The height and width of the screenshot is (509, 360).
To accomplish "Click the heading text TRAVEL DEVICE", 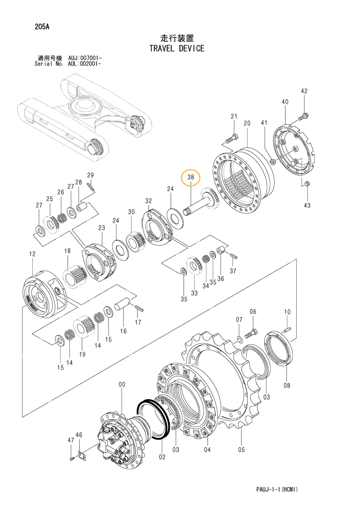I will pyautogui.click(x=177, y=49).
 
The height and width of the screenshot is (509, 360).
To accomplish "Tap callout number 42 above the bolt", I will pyautogui.click(x=304, y=91).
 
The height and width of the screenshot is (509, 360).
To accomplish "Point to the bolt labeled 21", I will pyautogui.click(x=232, y=139).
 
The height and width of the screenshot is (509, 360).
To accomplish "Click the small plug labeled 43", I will pyautogui.click(x=307, y=184).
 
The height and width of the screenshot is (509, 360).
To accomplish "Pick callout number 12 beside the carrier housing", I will pyautogui.click(x=32, y=254).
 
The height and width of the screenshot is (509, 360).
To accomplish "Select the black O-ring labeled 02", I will pyautogui.click(x=153, y=416).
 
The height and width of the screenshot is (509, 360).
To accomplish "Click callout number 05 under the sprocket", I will pyautogui.click(x=241, y=450).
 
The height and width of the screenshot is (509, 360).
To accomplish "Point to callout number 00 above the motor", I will pyautogui.click(x=122, y=385).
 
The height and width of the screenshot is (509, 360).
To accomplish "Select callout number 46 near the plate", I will pyautogui.click(x=79, y=435).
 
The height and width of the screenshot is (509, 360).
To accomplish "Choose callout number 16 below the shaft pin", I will pyautogui.click(x=123, y=331).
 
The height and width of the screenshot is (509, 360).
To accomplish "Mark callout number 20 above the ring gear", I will pyautogui.click(x=247, y=123).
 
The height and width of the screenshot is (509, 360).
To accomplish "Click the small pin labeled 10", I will pyautogui.click(x=288, y=328).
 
